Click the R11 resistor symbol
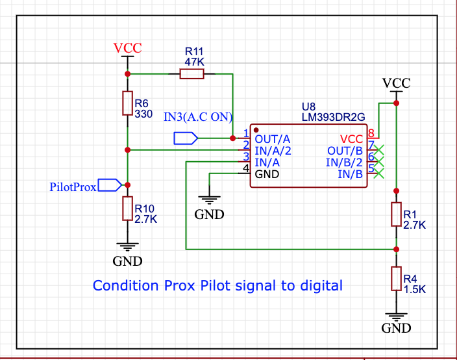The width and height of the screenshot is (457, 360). [191, 74]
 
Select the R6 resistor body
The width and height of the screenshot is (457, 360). [128, 103]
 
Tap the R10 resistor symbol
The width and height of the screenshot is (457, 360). [128, 209]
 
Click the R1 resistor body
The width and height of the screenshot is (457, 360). [395, 214]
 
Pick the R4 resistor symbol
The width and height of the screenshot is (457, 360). [395, 278]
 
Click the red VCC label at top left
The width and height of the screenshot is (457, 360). [127, 48]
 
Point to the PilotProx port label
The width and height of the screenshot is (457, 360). [73, 186]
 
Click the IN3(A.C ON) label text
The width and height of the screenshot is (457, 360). [198, 117]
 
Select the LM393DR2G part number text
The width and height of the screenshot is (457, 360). [334, 116]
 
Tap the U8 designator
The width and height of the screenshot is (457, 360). [309, 106]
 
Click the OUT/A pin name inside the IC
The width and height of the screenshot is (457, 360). [273, 139]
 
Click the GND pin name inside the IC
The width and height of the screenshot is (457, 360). [268, 174]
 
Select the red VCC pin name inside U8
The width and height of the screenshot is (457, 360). [352, 139]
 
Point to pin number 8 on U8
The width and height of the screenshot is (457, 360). [371, 134]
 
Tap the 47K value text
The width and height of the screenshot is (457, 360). [194, 62]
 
